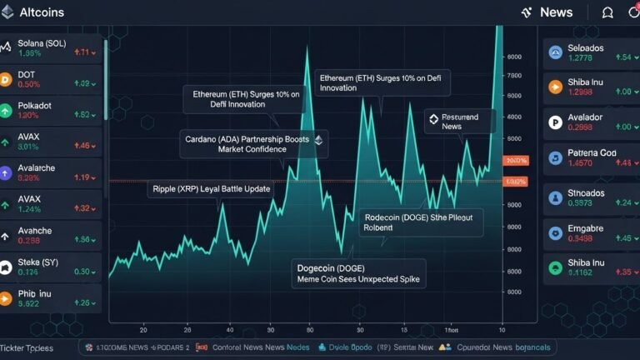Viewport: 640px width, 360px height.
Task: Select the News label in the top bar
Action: (x=555, y=12)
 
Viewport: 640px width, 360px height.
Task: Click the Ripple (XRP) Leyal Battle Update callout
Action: (x=212, y=189)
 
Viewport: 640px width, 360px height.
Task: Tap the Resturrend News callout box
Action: (x=457, y=121)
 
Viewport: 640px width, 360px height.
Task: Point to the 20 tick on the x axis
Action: (x=143, y=328)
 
